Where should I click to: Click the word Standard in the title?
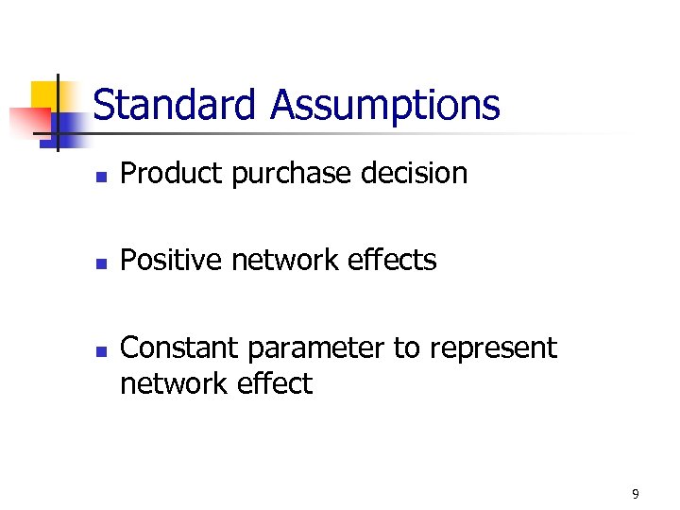(x=177, y=105)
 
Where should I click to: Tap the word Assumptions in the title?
(x=384, y=105)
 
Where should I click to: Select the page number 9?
(x=636, y=494)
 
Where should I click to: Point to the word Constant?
(x=179, y=348)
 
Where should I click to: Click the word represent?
(x=493, y=349)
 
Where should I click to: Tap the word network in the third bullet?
(x=167, y=384)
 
